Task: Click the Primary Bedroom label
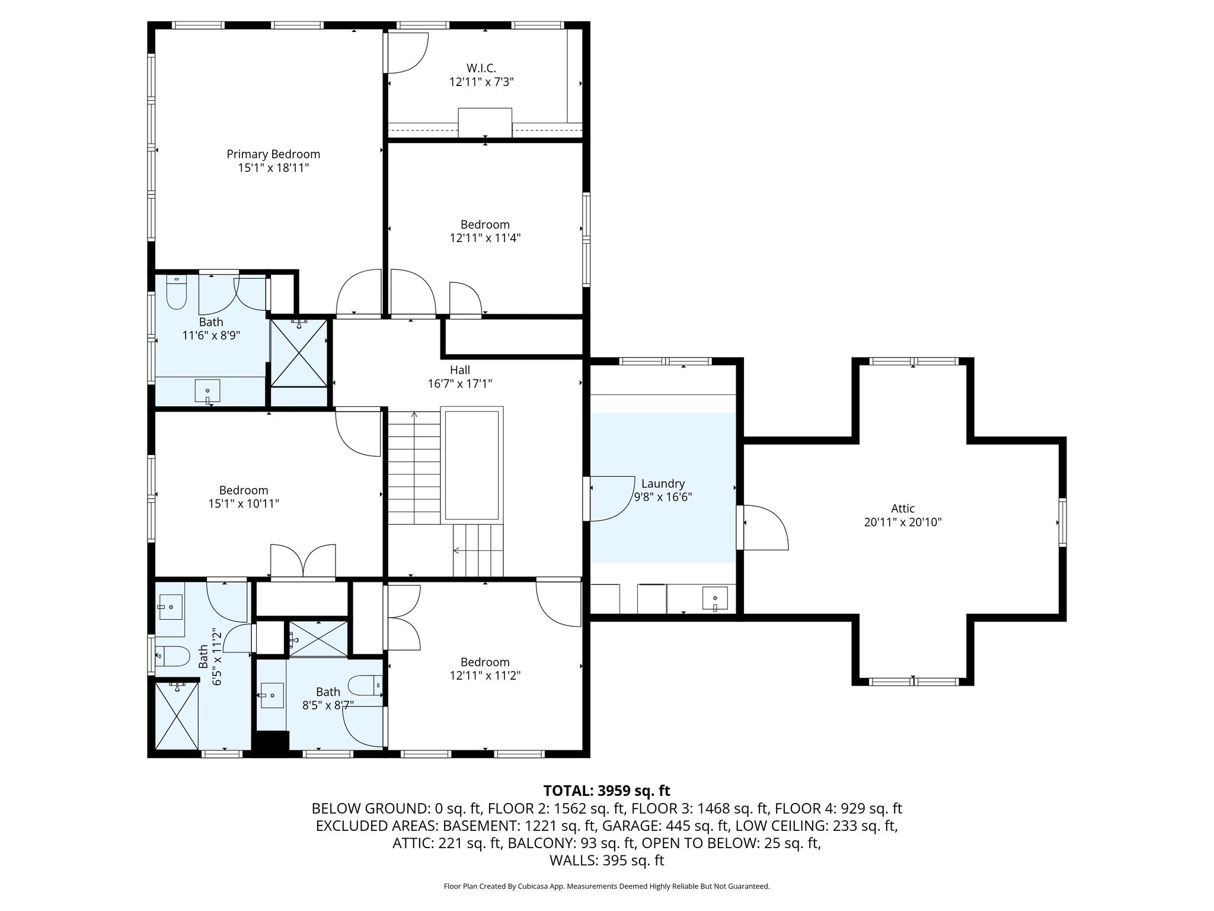pyautogui.click(x=273, y=154)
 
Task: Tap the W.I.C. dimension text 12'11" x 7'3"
pyautogui.click(x=481, y=82)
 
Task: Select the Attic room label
pyautogui.click(x=903, y=508)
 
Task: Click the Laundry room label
pyautogui.click(x=663, y=483)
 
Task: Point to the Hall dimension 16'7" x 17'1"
pyautogui.click(x=460, y=384)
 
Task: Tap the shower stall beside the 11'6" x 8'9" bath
pyautogui.click(x=299, y=353)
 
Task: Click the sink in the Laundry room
pyautogui.click(x=715, y=598)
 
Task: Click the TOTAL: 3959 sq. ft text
pyautogui.click(x=606, y=791)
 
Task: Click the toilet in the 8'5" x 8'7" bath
pyautogui.click(x=365, y=685)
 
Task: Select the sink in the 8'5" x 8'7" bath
pyautogui.click(x=271, y=695)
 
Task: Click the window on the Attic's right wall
pyautogui.click(x=1063, y=523)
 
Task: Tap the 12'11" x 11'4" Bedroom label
pyautogui.click(x=485, y=231)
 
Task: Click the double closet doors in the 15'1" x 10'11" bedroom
pyautogui.click(x=303, y=561)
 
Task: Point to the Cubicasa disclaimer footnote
pyautogui.click(x=606, y=887)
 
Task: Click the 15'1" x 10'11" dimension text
pyautogui.click(x=244, y=504)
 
